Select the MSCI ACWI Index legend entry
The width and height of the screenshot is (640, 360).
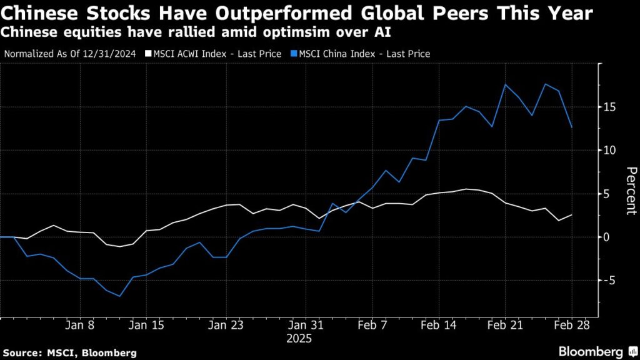click(212, 54)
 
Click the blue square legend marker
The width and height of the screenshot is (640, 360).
click(292, 54)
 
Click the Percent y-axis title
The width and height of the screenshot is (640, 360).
click(631, 191)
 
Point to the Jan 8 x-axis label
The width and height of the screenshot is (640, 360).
click(79, 326)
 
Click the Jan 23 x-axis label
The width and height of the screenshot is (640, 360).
click(225, 326)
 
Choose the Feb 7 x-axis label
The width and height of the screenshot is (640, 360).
click(372, 326)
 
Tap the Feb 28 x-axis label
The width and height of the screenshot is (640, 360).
click(571, 326)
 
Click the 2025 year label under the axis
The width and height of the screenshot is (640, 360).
click(299, 339)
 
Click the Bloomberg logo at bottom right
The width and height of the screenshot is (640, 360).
click(591, 352)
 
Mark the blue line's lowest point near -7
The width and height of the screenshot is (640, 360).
click(119, 296)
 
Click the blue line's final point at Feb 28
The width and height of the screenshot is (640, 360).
click(571, 127)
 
